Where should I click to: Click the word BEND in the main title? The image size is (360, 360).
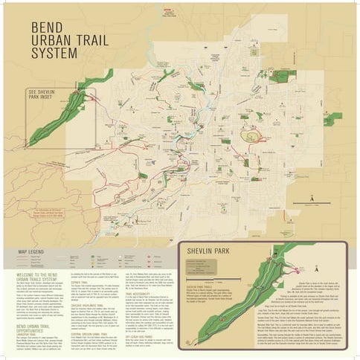[49, 28]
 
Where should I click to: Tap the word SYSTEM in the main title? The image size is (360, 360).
[54, 54]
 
